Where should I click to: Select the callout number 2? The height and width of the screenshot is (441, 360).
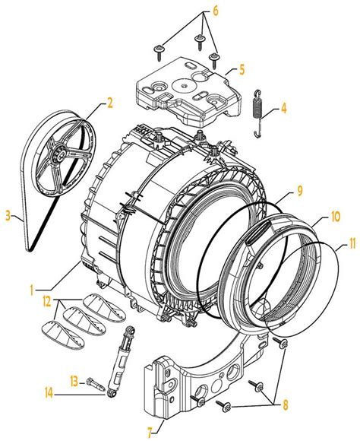pos(110,101)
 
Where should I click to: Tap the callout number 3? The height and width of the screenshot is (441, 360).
pos(8,217)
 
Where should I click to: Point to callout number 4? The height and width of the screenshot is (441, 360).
pos(283,109)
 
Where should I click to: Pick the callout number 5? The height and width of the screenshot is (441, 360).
pos(242,69)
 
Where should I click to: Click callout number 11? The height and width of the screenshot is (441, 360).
pos(351,245)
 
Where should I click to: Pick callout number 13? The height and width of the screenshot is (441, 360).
pos(74,379)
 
